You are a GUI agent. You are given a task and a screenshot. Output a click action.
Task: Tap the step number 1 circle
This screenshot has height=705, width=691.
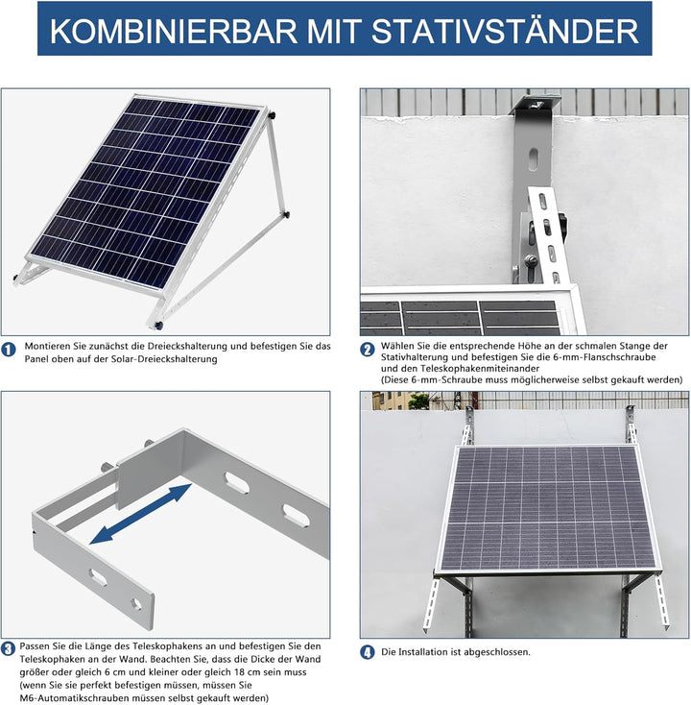[9, 351]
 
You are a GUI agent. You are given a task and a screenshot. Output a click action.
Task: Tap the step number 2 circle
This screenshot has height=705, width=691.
[368, 351]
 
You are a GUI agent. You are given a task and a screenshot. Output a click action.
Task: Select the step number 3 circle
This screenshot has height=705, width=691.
[9, 648]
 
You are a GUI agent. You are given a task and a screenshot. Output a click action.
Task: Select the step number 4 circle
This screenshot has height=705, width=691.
[368, 652]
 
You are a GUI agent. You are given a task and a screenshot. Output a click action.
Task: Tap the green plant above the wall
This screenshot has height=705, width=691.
[418, 401]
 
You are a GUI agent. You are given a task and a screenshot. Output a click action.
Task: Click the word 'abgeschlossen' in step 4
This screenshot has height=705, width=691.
[498, 652]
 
